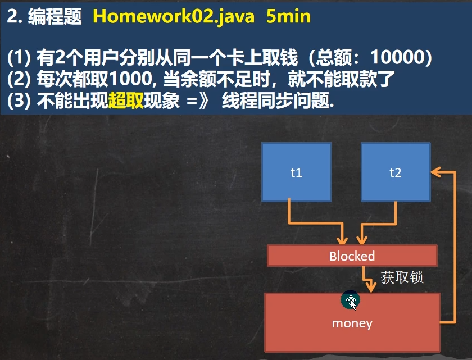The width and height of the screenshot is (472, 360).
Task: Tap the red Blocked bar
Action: (352, 256)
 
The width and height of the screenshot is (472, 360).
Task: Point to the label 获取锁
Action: (402, 277)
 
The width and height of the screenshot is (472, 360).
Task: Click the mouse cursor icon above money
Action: (350, 302)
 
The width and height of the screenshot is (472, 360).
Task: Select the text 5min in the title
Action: (288, 16)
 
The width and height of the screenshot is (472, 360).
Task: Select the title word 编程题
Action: (55, 16)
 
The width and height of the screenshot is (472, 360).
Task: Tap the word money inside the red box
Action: (352, 323)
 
